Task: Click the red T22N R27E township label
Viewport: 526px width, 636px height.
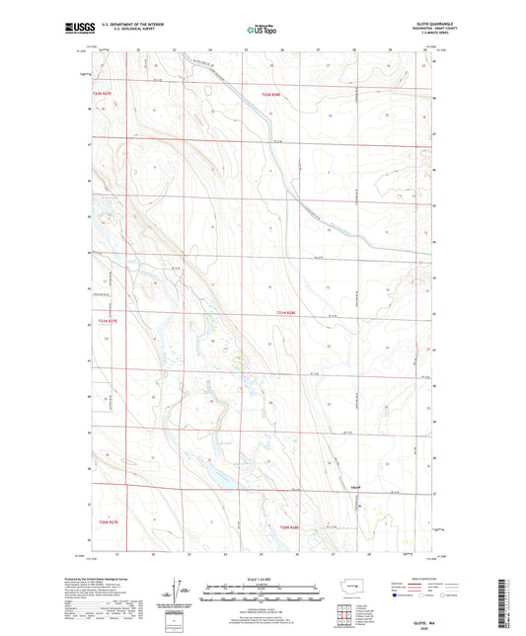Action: [x=103, y=94]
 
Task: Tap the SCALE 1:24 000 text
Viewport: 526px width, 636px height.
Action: [x=262, y=578]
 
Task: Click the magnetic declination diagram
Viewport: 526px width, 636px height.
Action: [x=179, y=593]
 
